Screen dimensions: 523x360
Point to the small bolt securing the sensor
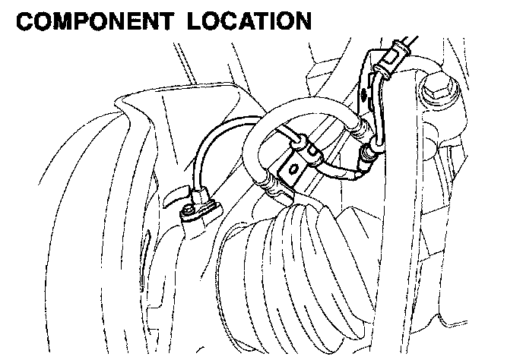pos(188,208)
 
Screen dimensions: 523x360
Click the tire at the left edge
pos(61,228)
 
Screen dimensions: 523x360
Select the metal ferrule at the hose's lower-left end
pos(268,182)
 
